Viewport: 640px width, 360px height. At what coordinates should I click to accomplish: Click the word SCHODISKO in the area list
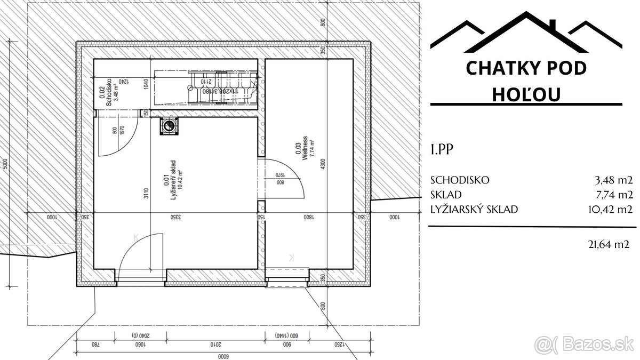tap(460, 180)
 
